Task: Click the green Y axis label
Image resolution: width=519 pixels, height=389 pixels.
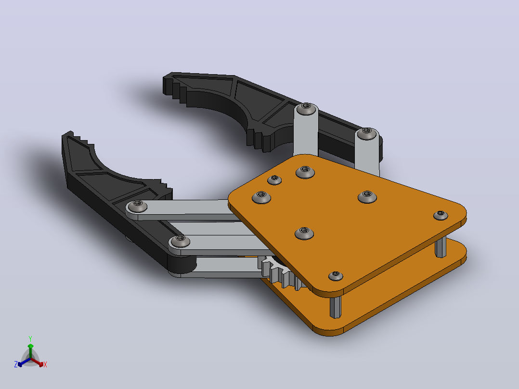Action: click(30, 338)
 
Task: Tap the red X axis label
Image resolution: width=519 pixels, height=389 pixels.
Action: click(45, 364)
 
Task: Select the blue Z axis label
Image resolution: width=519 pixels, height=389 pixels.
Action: click(16, 364)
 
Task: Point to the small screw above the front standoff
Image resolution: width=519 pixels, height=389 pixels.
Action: click(335, 275)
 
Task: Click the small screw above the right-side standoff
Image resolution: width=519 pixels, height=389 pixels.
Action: click(441, 215)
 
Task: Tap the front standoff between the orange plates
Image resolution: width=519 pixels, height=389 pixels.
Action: click(335, 307)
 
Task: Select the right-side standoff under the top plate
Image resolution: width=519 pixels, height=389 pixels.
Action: click(441, 246)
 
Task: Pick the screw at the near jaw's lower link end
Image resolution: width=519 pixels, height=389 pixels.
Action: click(180, 241)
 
